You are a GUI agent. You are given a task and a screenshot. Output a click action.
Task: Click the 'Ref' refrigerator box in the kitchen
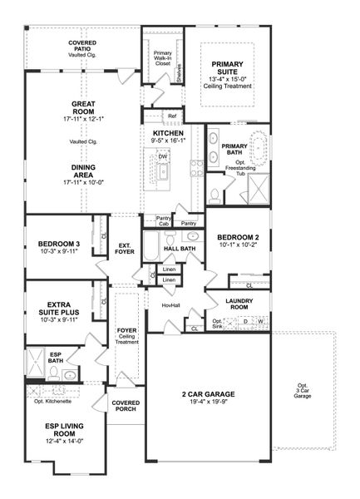171,116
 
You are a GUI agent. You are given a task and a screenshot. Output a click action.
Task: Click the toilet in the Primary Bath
214,196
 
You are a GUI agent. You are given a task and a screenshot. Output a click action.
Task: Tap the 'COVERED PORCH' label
126,405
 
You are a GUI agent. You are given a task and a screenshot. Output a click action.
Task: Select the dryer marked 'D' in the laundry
245,321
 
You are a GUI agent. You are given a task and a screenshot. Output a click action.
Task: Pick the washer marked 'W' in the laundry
261,321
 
